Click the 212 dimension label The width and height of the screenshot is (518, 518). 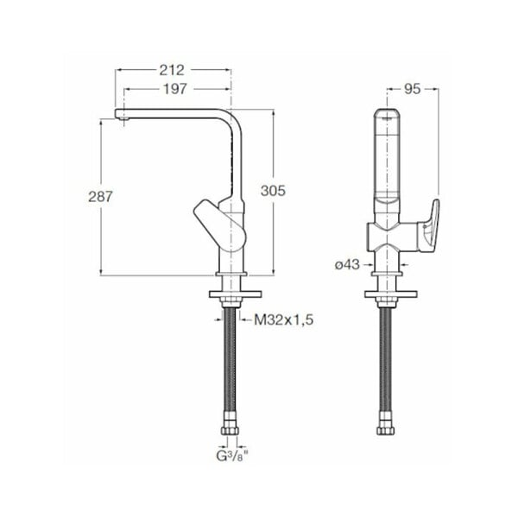[x=172, y=70]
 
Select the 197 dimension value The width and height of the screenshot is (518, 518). [x=175, y=89]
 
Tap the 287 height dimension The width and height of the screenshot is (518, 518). [x=100, y=197]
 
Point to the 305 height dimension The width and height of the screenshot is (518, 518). [x=273, y=191]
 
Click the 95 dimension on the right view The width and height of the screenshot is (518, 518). [x=412, y=89]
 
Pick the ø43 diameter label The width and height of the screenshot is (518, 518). [x=347, y=264]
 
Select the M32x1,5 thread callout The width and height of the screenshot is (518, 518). [x=284, y=319]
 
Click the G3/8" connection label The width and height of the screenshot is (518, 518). [x=232, y=456]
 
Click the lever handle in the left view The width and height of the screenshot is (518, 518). [x=220, y=225]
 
